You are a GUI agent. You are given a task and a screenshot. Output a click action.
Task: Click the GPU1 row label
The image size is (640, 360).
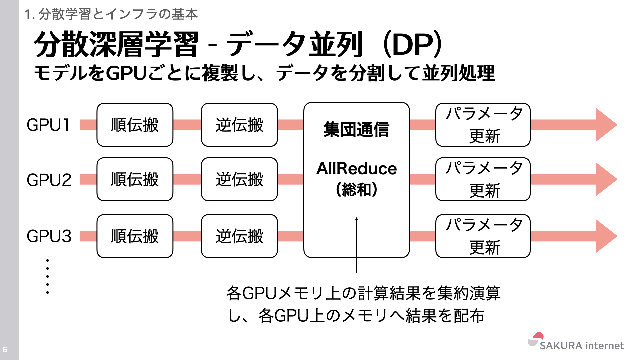[x=48, y=125]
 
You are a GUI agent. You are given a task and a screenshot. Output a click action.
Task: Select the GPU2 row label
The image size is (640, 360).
[x=49, y=180]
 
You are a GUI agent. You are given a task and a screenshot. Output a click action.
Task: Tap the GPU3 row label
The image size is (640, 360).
[x=49, y=236]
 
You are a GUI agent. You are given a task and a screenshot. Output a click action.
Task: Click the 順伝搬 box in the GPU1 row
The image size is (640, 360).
[x=135, y=125]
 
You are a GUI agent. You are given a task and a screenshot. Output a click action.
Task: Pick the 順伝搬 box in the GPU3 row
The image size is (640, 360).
[x=135, y=236]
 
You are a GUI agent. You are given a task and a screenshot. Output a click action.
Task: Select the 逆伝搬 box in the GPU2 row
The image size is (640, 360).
[x=239, y=179]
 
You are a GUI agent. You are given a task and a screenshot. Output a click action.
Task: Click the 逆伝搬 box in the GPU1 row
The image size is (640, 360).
[x=239, y=125]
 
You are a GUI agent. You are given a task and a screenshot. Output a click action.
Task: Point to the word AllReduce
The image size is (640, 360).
[x=356, y=168]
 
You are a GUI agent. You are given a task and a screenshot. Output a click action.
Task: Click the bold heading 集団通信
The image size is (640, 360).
[x=356, y=129]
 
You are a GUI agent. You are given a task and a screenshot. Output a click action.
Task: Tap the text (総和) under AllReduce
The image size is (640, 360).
[x=356, y=190]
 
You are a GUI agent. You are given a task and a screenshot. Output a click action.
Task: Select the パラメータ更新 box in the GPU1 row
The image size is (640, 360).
[x=483, y=125]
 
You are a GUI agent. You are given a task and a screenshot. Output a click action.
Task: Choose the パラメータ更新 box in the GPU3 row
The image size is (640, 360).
[x=483, y=236]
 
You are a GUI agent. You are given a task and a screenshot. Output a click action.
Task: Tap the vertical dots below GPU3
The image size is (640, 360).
[x=48, y=276]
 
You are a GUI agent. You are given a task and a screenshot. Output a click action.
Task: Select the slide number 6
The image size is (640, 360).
[x=5, y=349]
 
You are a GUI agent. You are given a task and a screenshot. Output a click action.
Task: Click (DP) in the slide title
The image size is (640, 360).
[x=413, y=44]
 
